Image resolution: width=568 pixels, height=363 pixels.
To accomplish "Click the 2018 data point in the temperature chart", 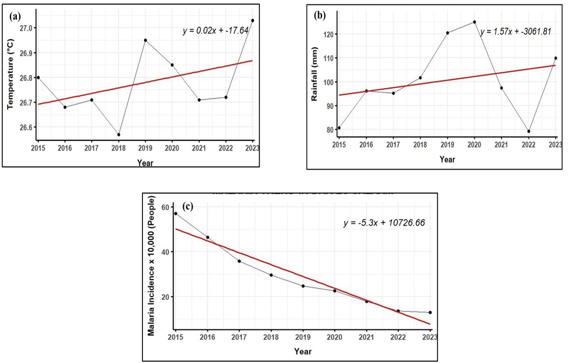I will point(119,135).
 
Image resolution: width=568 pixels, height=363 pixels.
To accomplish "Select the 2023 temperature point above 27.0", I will point(252,20).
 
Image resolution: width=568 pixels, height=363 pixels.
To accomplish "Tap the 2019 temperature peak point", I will point(145,40).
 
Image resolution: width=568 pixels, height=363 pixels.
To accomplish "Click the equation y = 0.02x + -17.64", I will point(216,31).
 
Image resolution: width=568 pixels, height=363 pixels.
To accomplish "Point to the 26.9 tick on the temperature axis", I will point(26,53).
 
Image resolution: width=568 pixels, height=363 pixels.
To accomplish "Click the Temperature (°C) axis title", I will point(10,74).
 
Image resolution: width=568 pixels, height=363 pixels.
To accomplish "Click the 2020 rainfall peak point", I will point(474,22).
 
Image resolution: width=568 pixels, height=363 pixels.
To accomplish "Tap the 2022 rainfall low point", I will point(529,131).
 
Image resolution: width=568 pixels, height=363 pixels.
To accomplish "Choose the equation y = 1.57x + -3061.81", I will point(516,32).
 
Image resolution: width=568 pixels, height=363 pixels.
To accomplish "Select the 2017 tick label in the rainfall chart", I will point(393,145).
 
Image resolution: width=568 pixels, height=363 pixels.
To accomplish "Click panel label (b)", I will point(320,15).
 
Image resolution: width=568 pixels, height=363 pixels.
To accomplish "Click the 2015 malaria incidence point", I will point(176,213).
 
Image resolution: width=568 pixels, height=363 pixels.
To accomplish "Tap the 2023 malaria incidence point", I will point(430,312).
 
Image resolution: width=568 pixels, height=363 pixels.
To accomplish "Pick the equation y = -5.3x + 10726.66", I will point(384,223).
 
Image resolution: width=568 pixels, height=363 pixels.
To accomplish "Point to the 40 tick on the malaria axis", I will point(165,252).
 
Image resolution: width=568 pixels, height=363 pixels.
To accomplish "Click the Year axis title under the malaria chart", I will point(303,351).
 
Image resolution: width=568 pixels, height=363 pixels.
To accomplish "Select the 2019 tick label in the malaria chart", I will point(303,337).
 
